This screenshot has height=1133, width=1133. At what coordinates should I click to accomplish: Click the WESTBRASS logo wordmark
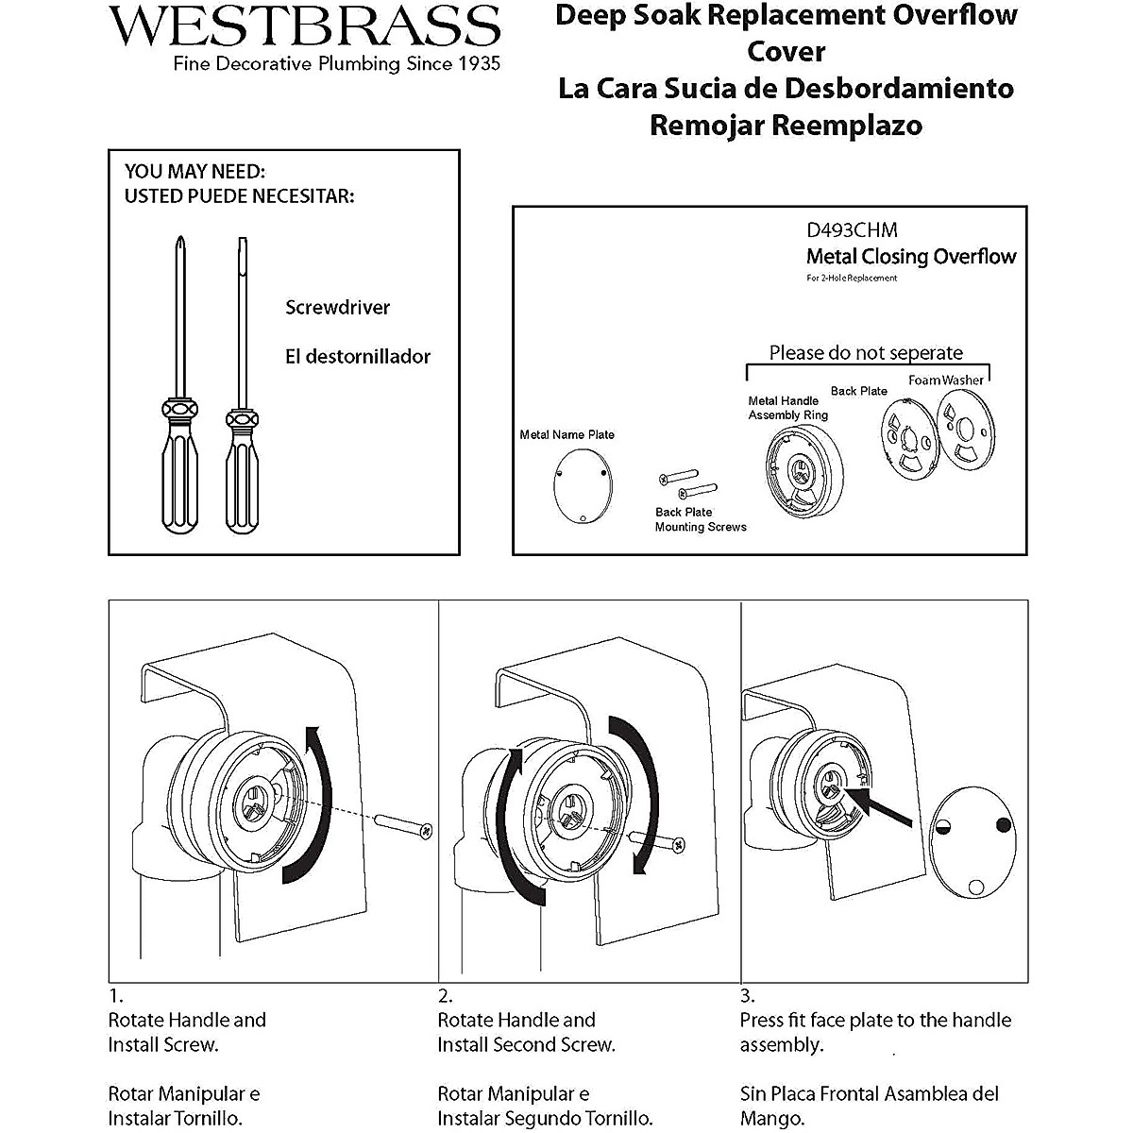coord(304,25)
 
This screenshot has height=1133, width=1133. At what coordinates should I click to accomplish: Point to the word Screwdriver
coord(337,308)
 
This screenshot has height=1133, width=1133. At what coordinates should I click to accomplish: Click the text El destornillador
coord(358,357)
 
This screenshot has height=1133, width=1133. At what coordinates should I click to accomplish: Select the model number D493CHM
coord(851,230)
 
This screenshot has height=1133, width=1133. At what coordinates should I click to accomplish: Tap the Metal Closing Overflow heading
coord(910,257)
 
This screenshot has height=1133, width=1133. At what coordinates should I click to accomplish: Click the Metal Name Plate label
coord(566,435)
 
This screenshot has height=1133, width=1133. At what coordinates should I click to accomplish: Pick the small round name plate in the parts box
coord(582,485)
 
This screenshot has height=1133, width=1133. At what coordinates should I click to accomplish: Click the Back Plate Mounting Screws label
coord(700,520)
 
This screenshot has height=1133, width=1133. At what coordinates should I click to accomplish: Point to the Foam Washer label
coord(945,380)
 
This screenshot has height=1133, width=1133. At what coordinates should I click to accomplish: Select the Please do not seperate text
coord(866,353)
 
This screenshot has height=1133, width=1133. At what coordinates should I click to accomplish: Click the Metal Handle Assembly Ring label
coord(787,408)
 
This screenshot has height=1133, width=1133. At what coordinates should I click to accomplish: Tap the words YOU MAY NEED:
coord(194,172)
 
